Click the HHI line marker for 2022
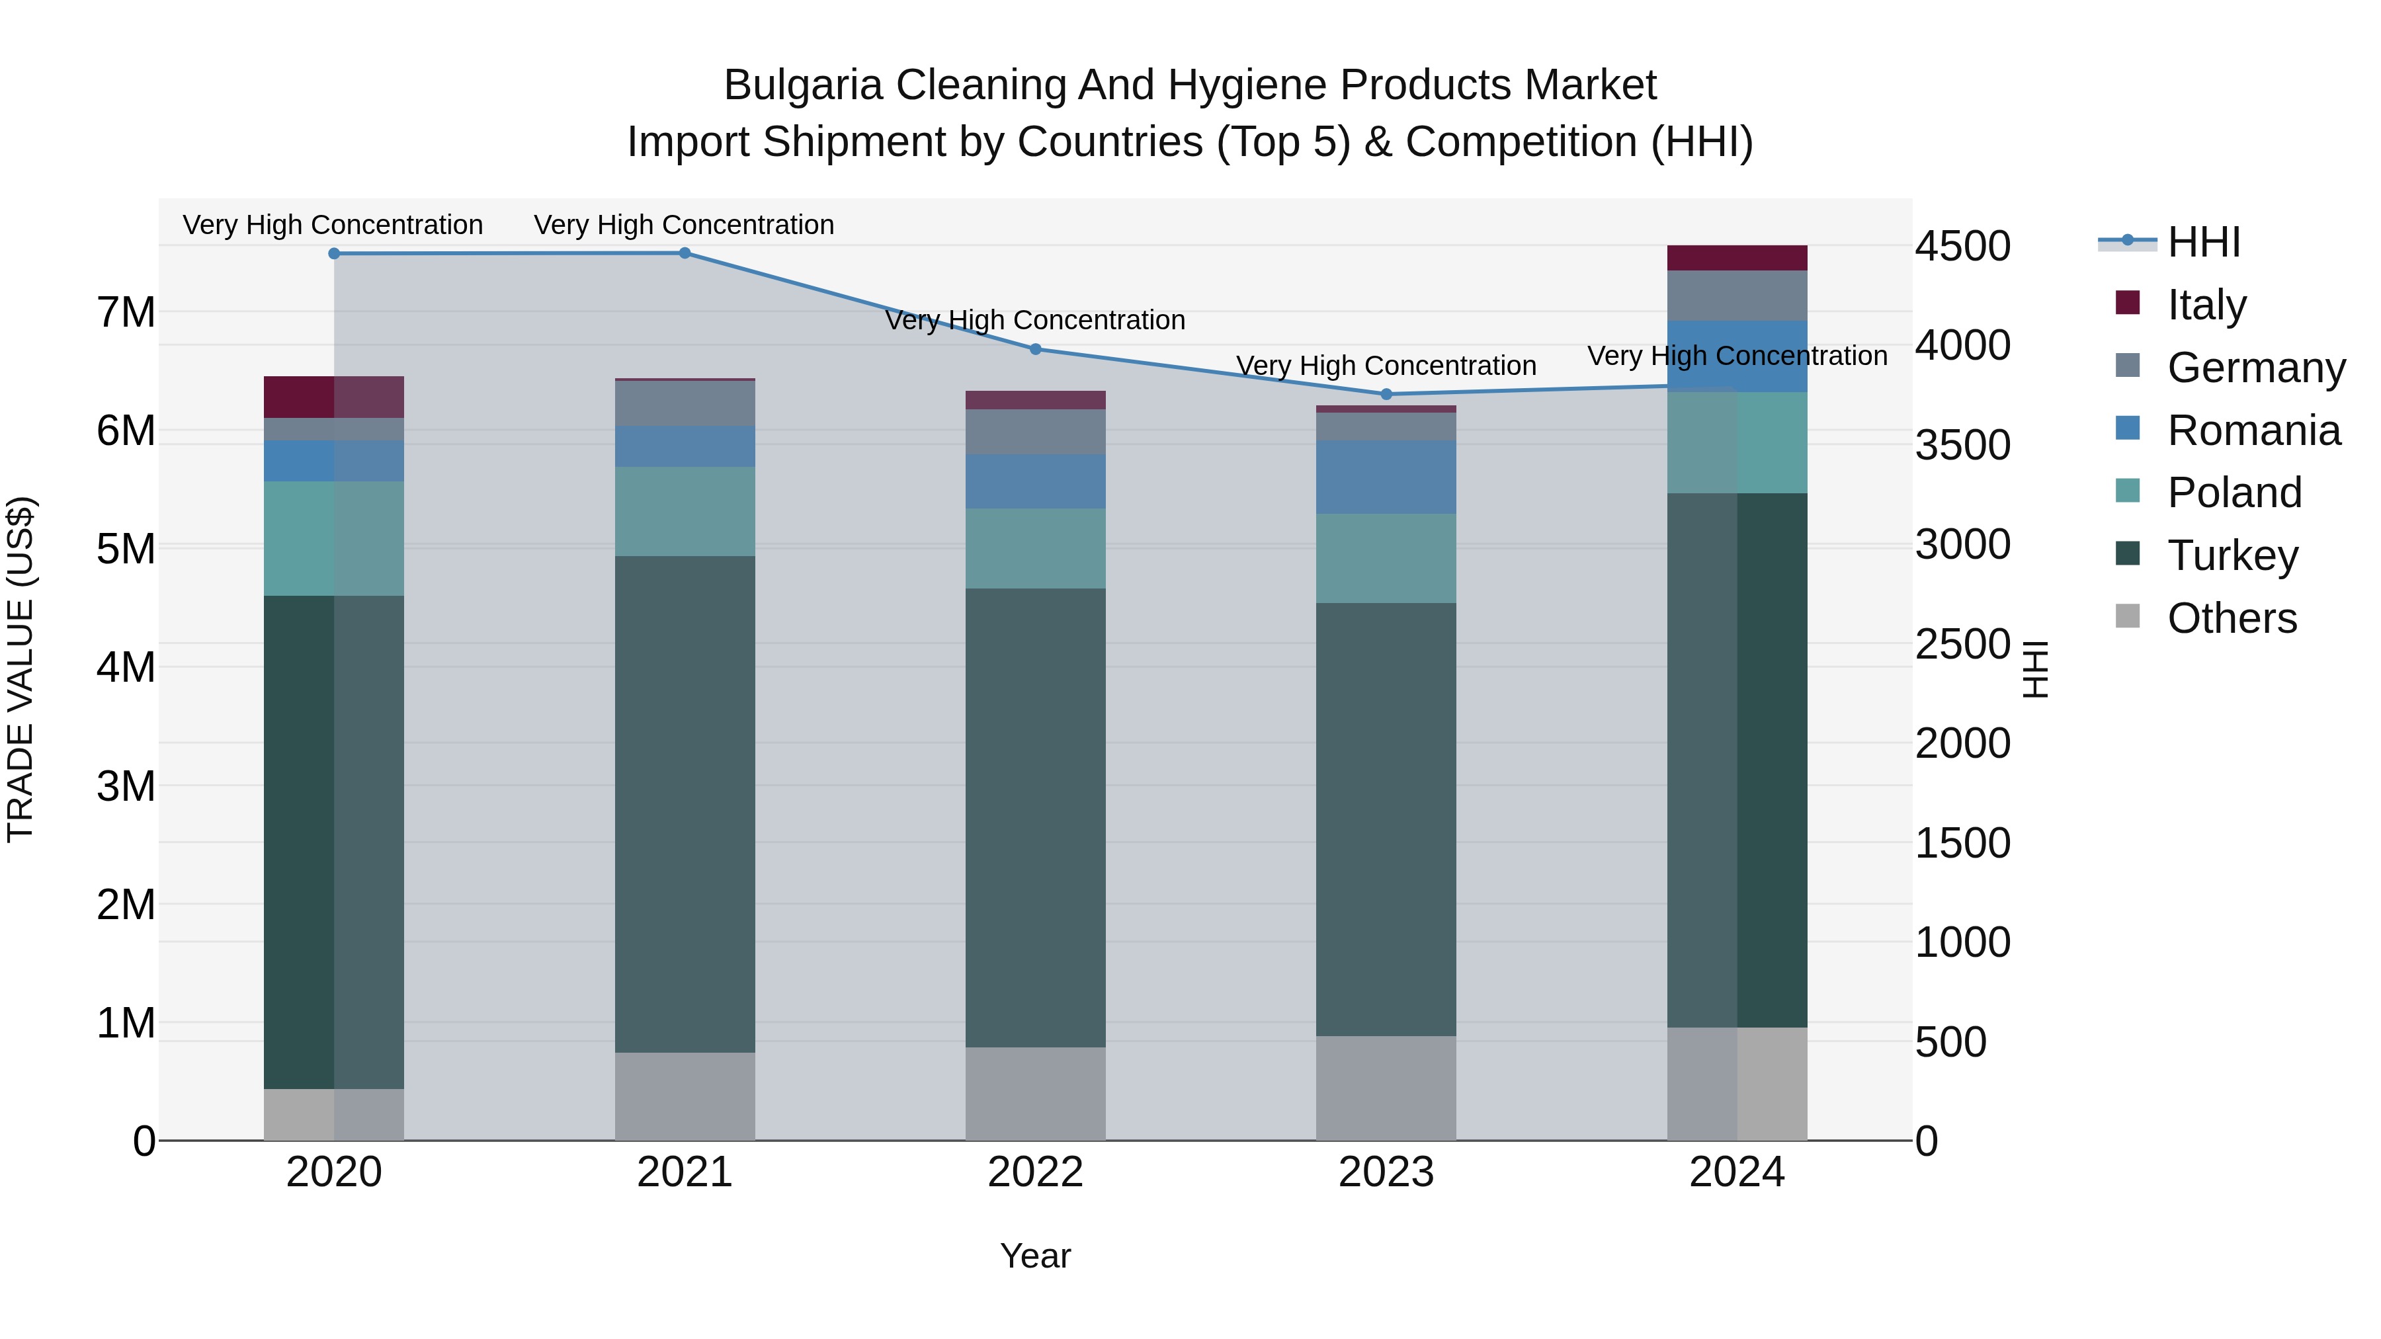pyautogui.click(x=1035, y=349)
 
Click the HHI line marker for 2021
pyautogui.click(x=685, y=253)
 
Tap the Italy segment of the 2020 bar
pyautogui.click(x=334, y=397)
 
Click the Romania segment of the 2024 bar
pyautogui.click(x=1737, y=356)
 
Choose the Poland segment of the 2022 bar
pyautogui.click(x=1035, y=548)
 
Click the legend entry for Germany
pyautogui.click(x=2255, y=368)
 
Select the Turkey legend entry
pyautogui.click(x=2232, y=555)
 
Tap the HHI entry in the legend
pyautogui.click(x=2204, y=242)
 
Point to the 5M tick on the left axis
pyautogui.click(x=126, y=549)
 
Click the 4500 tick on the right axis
pyautogui.click(x=1962, y=247)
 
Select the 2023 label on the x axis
pyautogui.click(x=1386, y=1172)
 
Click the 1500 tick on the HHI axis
pyautogui.click(x=1962, y=843)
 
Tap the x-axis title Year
pyautogui.click(x=1035, y=1256)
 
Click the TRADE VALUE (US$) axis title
pyautogui.click(x=21, y=669)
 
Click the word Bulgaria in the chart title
pyautogui.click(x=802, y=85)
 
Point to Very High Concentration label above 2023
pyautogui.click(x=1386, y=366)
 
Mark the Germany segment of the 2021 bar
pyautogui.click(x=685, y=403)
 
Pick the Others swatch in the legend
pyautogui.click(x=2127, y=616)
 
